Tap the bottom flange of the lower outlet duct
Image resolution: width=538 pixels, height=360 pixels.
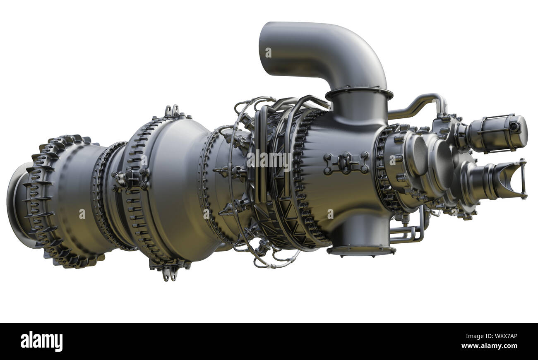(361, 250)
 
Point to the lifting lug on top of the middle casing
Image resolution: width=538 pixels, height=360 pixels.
(172, 111)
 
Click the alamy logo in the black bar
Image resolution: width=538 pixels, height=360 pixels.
(41, 341)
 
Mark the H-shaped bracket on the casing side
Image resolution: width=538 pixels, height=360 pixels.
(346, 163)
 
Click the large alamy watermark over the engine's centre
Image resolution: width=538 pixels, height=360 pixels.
(269, 160)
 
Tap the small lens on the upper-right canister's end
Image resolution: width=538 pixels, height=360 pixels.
(514, 127)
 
